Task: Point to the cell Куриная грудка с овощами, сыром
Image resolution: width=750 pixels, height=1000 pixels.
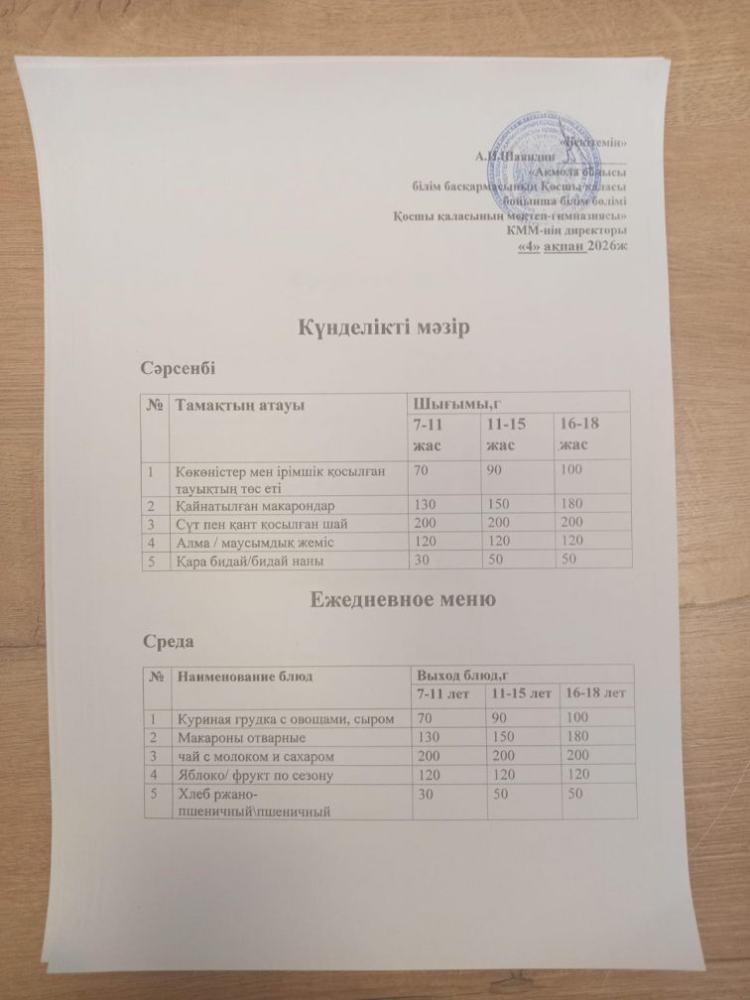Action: click(x=288, y=718)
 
